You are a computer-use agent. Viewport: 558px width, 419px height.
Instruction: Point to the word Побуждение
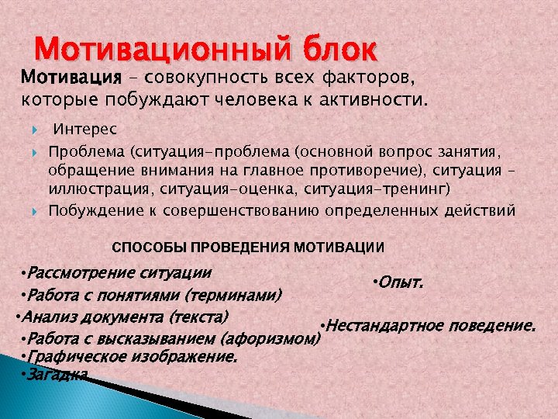pyautogui.click(x=90, y=210)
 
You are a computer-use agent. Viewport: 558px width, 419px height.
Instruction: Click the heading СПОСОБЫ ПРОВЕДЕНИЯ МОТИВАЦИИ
pyautogui.click(x=248, y=248)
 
